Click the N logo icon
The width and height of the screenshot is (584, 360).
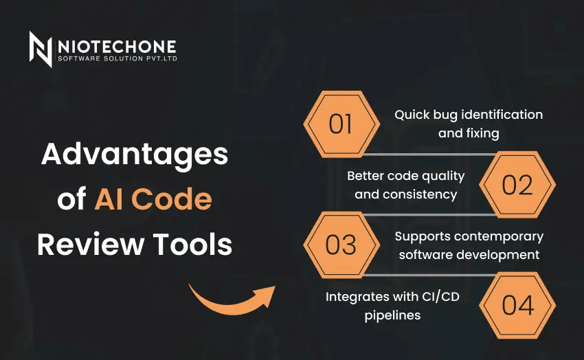[x=41, y=49]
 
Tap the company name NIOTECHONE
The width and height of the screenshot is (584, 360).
[x=117, y=47]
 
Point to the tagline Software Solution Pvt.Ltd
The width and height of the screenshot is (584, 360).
[x=117, y=58]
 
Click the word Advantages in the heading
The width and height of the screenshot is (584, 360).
[x=135, y=154]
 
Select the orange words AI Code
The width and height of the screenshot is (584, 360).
[x=153, y=199]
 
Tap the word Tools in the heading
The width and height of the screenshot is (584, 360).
[x=192, y=245]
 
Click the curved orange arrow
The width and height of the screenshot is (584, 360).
[x=232, y=301]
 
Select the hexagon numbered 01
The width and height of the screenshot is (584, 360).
[x=341, y=124]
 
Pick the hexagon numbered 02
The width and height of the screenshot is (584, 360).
[x=517, y=185]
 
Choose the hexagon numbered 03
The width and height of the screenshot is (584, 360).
[x=341, y=245]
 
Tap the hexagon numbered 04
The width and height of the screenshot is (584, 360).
[x=517, y=305]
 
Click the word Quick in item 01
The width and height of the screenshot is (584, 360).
[x=407, y=115]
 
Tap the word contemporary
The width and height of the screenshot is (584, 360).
[x=499, y=237]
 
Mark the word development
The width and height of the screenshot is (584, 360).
[x=498, y=255]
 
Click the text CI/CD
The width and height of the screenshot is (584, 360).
[x=440, y=297]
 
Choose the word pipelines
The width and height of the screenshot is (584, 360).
[x=392, y=316]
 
